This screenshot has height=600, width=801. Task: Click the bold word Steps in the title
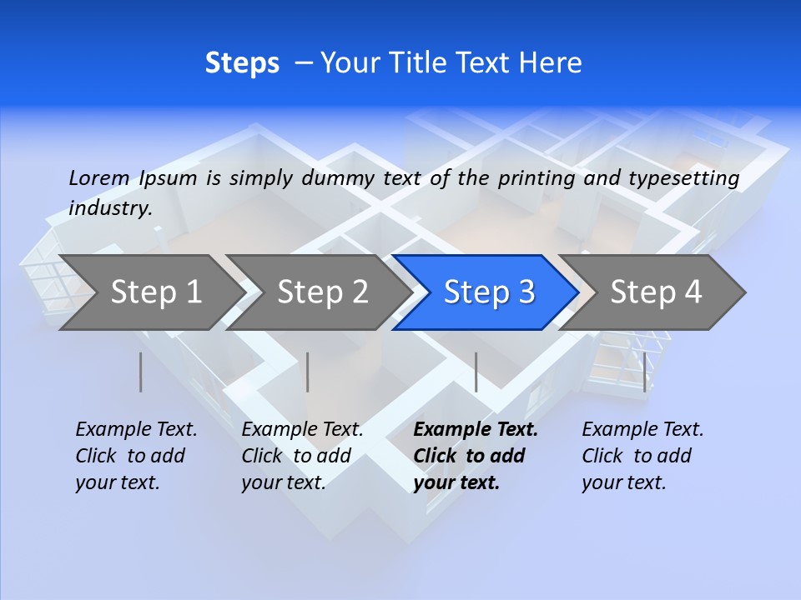(242, 63)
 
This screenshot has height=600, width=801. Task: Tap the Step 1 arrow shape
(150, 292)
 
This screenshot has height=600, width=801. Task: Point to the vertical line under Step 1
(141, 372)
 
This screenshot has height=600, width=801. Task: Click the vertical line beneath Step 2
(308, 372)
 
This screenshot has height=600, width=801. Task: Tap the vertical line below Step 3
(476, 372)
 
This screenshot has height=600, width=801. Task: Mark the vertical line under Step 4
(644, 372)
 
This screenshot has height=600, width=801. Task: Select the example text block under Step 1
(136, 456)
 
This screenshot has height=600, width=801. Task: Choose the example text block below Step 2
(302, 456)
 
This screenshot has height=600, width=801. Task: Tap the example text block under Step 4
(642, 456)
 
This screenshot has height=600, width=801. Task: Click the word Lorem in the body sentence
(99, 178)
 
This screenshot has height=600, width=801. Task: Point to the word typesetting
(683, 179)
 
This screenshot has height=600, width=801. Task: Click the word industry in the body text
(109, 209)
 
